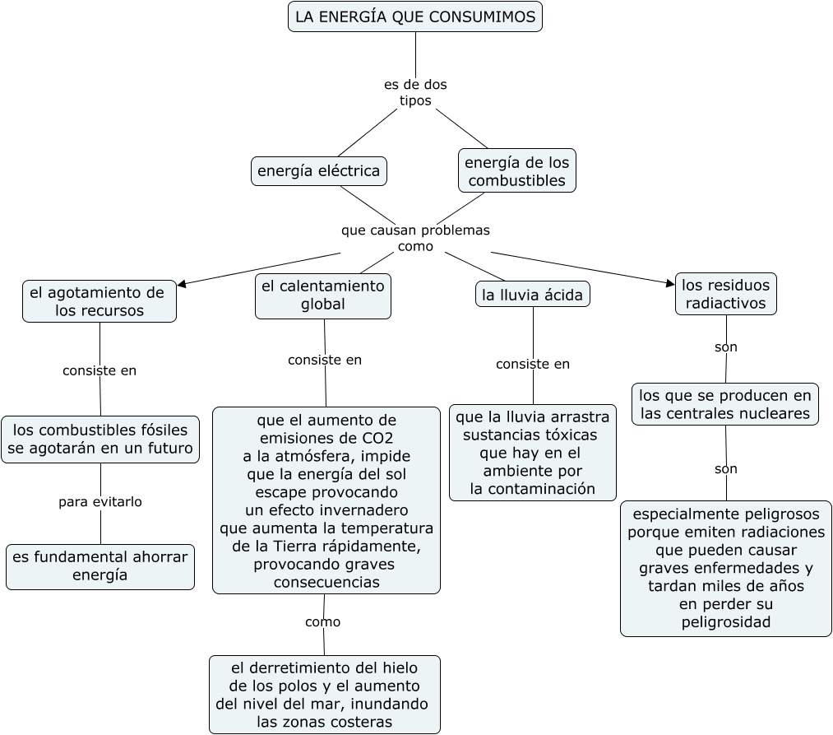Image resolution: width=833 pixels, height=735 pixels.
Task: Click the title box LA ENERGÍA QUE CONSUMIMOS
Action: (415, 16)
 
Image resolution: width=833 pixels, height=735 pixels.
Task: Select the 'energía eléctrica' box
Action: (319, 171)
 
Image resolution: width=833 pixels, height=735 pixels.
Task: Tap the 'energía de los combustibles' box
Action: (516, 170)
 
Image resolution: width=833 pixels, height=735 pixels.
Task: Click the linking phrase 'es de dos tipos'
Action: (415, 92)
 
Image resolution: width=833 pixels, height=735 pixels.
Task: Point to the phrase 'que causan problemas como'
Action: (415, 238)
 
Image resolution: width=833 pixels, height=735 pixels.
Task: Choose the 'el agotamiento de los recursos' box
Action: (99, 301)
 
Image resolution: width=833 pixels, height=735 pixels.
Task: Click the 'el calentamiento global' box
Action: (323, 295)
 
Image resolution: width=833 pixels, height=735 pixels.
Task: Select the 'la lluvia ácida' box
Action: (532, 295)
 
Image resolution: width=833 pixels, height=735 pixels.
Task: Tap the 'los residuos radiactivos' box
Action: (726, 294)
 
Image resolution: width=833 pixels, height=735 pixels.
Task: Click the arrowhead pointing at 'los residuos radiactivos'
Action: (669, 283)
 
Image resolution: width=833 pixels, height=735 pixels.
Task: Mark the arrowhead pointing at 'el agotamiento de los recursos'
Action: (183, 284)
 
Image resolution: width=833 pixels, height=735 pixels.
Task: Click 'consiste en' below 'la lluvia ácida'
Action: (533, 364)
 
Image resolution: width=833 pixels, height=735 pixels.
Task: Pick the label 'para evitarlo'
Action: (100, 501)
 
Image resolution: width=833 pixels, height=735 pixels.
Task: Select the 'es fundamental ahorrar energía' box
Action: (100, 566)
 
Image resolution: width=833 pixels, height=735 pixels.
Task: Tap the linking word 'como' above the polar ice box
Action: (322, 621)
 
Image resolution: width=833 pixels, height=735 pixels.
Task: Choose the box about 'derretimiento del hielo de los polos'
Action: (325, 694)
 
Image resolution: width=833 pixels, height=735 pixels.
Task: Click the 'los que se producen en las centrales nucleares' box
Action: (725, 404)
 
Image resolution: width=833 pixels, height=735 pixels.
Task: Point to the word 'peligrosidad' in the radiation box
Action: (726, 621)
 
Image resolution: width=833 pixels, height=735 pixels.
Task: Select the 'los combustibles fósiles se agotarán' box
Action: (100, 440)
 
